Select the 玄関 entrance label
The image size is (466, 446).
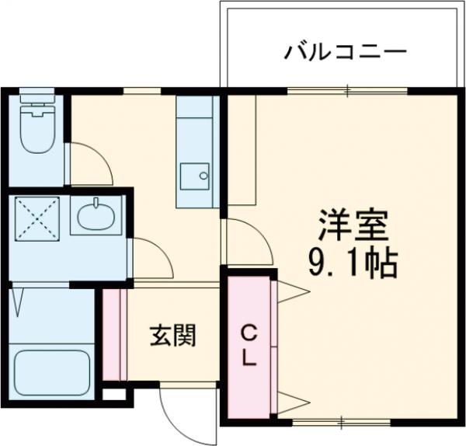point(172,336)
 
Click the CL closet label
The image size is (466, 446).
point(249,347)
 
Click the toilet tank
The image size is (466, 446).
point(36,103)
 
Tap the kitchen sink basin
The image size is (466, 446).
point(194,176)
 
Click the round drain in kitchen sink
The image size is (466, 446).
point(203,176)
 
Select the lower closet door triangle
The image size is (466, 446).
point(290,402)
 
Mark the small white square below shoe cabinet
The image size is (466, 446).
point(113,392)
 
